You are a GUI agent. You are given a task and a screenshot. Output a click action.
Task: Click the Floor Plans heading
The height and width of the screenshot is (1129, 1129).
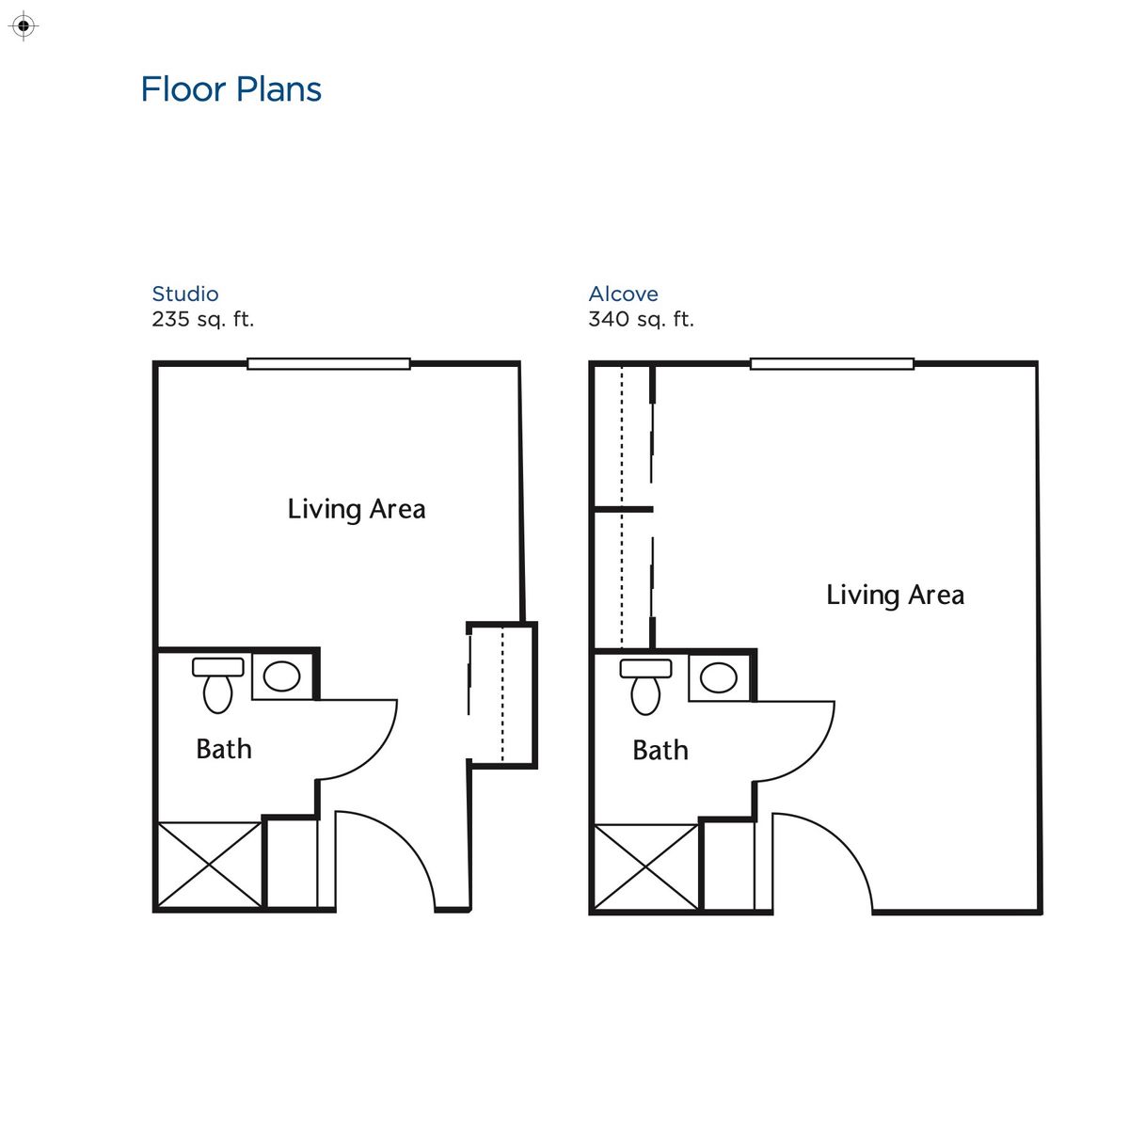tap(231, 89)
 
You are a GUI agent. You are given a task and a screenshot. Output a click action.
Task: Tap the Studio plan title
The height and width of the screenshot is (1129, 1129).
tap(185, 294)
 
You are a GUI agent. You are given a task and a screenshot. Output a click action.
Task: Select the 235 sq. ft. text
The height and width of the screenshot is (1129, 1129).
tap(203, 319)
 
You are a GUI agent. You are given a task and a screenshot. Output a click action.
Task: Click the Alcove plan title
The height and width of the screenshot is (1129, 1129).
tap(623, 294)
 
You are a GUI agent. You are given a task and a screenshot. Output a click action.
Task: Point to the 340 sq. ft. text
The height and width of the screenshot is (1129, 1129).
tap(641, 319)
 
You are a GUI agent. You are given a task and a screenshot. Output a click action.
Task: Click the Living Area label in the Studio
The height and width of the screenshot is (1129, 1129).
tap(357, 509)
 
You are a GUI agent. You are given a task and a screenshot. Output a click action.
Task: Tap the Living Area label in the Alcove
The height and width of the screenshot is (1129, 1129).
tap(895, 595)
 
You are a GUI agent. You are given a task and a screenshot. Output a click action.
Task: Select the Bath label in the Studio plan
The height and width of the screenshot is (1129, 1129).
tap(224, 749)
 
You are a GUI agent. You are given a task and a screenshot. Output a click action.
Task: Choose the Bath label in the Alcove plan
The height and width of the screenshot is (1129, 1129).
tap(660, 750)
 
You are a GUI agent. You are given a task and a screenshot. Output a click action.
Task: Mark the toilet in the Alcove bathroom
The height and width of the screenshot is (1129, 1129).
tap(645, 687)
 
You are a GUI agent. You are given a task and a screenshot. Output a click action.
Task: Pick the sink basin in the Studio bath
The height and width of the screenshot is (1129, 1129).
tap(281, 676)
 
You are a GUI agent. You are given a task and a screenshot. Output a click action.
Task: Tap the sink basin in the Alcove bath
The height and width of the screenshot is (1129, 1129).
tap(719, 677)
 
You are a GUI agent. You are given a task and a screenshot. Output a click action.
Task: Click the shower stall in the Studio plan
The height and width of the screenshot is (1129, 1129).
tap(209, 865)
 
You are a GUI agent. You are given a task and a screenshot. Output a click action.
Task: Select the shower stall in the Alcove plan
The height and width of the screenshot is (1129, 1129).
tap(646, 867)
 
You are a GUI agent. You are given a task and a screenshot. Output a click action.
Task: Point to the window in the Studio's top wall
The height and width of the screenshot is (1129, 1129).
tap(328, 363)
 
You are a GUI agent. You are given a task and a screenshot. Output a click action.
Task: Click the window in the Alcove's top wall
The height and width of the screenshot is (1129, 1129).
tap(832, 363)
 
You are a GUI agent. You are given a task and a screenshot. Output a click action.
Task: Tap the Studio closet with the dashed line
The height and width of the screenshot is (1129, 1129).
tap(502, 694)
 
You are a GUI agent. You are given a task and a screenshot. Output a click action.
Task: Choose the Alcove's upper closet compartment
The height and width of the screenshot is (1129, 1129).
tap(622, 436)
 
